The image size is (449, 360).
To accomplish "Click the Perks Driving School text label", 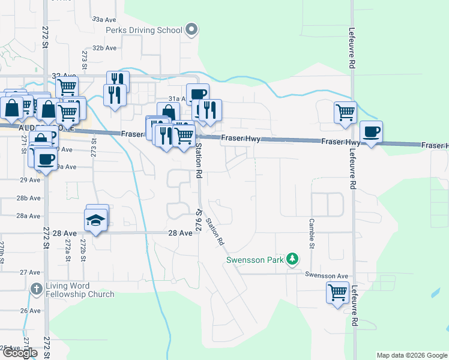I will tap(144, 30).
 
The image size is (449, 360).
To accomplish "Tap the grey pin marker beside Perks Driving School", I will tap(191, 29).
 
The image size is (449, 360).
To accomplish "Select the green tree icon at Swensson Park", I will tap(292, 259).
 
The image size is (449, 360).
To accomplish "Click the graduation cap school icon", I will tap(96, 220).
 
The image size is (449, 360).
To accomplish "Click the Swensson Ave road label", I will tap(326, 275).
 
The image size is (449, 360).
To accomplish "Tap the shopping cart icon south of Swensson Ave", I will tap(337, 293).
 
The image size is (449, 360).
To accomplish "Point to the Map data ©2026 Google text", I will tap(411, 355).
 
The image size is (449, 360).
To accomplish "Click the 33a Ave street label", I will tap(103, 20).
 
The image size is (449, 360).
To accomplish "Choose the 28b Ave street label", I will tap(29, 197).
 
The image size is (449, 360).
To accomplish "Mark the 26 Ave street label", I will tap(30, 310).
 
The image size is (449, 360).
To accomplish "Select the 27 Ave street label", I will tap(30, 272).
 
